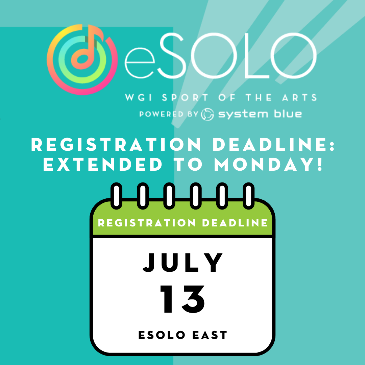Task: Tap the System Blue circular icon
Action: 208,114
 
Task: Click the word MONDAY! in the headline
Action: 268,164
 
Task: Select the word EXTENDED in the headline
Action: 103,164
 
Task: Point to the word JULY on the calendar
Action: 183,263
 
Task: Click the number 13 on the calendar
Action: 183,299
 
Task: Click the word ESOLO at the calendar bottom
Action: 162,335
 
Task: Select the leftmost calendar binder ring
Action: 116,196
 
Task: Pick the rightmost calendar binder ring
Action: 249,196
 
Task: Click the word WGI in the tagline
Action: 139,97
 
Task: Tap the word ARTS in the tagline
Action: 299,97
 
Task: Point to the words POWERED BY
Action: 169,114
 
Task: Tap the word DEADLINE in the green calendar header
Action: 235,223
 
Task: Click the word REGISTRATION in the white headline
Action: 116,144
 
